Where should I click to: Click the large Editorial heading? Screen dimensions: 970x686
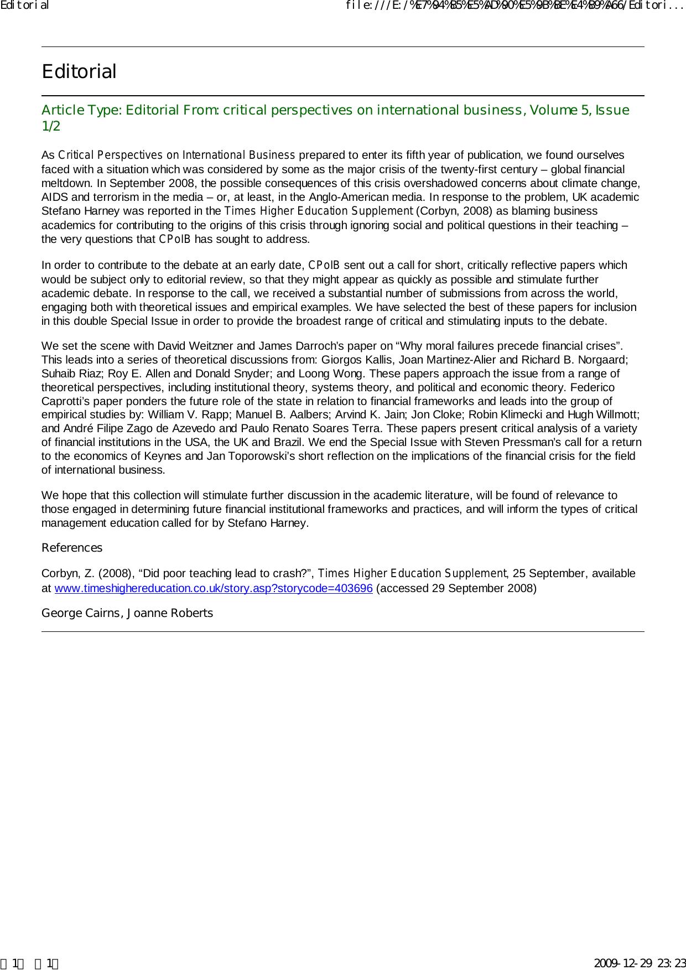79,71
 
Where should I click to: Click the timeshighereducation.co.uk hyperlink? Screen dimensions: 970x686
213,588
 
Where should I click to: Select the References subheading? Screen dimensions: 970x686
72,548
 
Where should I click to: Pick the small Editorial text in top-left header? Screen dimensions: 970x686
25,6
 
